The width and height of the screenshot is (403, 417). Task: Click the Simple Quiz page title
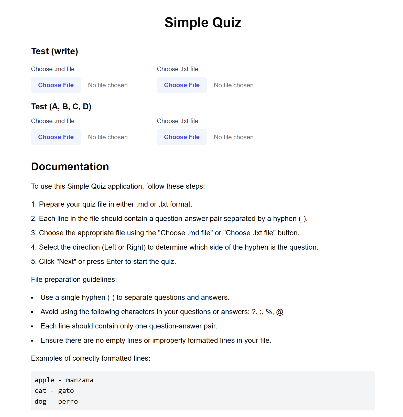(x=203, y=23)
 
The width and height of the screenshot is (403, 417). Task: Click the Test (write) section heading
(x=55, y=51)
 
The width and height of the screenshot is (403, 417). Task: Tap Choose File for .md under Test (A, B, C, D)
(x=56, y=137)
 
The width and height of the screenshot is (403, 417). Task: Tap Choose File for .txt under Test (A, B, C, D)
(x=182, y=137)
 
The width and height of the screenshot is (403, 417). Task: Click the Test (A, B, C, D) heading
(x=61, y=106)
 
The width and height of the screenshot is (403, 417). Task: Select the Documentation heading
(x=70, y=167)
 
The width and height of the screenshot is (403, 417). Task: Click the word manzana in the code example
(x=80, y=380)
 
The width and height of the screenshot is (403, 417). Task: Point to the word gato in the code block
(x=66, y=391)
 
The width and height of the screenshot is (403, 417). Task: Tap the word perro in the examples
(x=68, y=401)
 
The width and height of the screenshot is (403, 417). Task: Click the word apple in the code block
(x=44, y=380)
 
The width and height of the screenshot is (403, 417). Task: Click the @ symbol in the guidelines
(x=280, y=312)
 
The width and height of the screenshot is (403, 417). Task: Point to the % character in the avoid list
(x=269, y=312)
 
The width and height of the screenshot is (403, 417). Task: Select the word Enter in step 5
(x=115, y=262)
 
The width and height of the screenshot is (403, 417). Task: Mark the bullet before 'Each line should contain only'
(x=32, y=327)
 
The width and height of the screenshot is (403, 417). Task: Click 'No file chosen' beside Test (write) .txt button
(x=234, y=85)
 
